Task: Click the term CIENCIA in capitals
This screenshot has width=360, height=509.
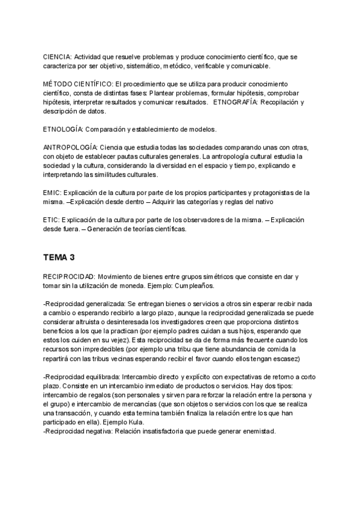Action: pos(57,56)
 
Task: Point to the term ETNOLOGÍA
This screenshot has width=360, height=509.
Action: pos(62,130)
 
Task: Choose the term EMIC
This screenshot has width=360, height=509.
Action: pos(52,193)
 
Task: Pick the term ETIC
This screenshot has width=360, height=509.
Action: pos(51,220)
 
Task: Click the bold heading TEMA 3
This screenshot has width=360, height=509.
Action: pos(59,258)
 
